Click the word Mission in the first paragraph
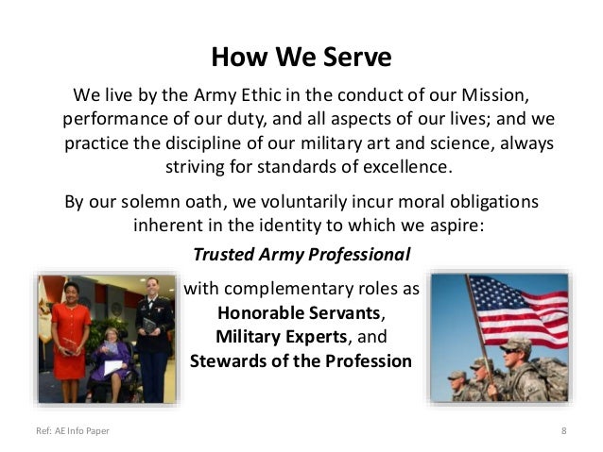[486, 97]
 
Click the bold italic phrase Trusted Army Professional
[301, 255]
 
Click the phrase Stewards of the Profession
[301, 361]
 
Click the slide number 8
[563, 432]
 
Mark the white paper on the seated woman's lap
[112, 366]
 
